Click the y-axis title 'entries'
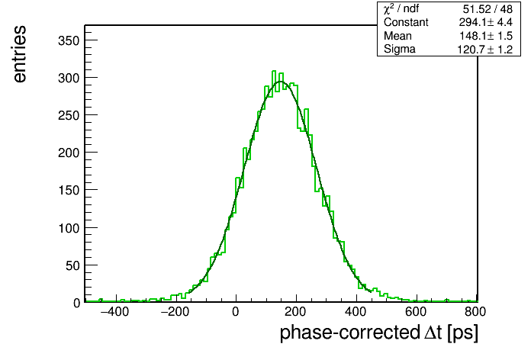click(20, 54)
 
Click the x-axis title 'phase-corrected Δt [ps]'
click(379, 333)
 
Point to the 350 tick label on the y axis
click(69, 41)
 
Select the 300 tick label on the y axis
click(69, 79)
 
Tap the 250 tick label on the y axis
click(69, 116)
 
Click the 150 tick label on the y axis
click(69, 191)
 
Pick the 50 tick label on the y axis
click(72, 266)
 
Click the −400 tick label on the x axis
click(114, 312)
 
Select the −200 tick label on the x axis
click(175, 312)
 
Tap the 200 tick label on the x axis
click(296, 312)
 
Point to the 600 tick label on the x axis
click(416, 312)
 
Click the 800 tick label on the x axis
click(475, 312)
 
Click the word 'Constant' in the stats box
click(406, 22)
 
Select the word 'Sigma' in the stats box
click(400, 50)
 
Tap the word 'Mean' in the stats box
click(397, 36)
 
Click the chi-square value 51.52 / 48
click(488, 9)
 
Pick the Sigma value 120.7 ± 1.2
click(485, 50)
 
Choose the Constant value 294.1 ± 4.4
click(486, 22)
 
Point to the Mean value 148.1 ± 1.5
click(486, 36)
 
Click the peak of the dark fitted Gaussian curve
click(281, 82)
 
